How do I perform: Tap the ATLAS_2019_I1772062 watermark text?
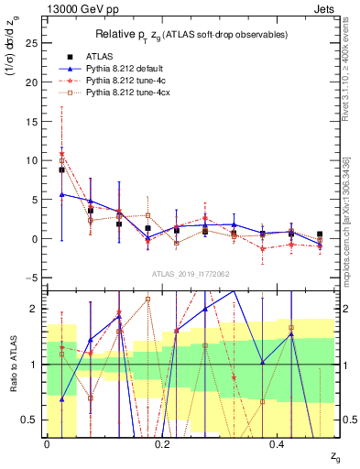click(190, 274)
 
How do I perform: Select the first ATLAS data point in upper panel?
click(61, 169)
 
